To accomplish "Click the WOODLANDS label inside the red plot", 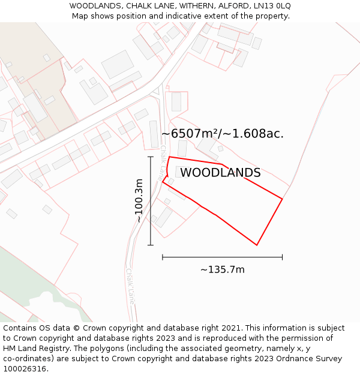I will point(220,173).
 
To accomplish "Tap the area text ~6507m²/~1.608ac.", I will point(222,134).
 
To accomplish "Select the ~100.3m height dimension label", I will point(139,201).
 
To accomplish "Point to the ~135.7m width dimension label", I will point(223,270).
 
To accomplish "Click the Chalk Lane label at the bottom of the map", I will point(130,287).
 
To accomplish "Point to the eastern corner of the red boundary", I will point(282,199).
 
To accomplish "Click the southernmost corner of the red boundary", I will point(257,245).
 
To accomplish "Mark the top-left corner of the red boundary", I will point(169,157).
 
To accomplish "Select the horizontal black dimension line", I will point(222,257).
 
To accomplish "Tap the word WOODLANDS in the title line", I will point(94,5).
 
